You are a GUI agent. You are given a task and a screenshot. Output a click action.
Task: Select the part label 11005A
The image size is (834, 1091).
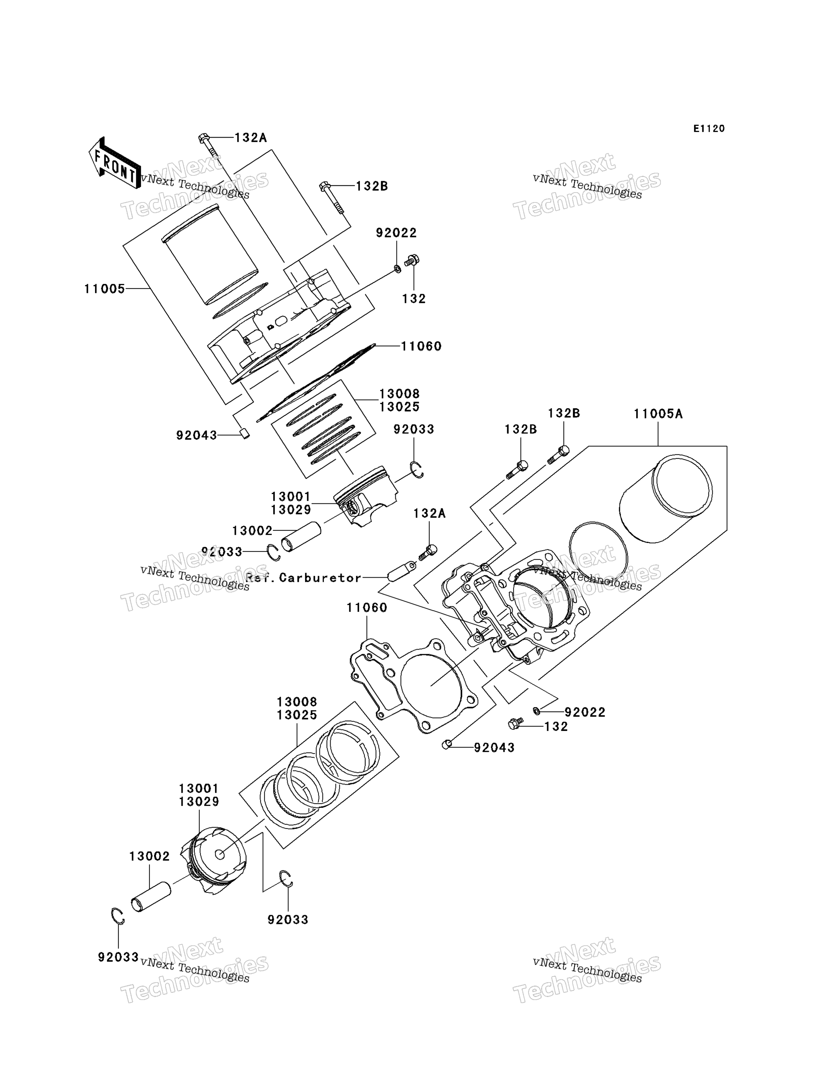click(x=658, y=414)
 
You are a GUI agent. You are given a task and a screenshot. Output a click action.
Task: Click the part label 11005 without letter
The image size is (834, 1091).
click(x=104, y=288)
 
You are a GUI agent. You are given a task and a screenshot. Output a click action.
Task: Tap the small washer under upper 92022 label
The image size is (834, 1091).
click(x=397, y=269)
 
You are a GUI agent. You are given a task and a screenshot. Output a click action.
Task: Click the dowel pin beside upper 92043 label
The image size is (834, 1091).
click(x=244, y=433)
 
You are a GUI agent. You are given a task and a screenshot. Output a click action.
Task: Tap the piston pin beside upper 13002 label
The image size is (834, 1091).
click(x=301, y=537)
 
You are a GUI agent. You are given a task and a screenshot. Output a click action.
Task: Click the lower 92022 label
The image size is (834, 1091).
click(x=585, y=712)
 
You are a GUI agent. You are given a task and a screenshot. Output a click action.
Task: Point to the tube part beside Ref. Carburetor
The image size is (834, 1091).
click(x=402, y=572)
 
